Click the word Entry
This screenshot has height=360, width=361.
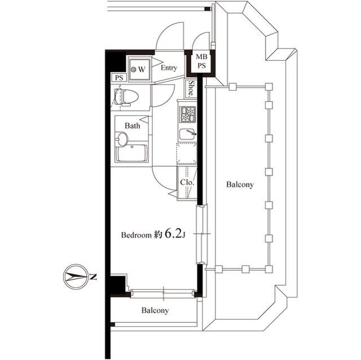coord(169,68)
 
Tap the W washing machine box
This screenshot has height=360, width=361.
coord(139,69)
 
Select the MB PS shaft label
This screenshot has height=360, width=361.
coord(201,61)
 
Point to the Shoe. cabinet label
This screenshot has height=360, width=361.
coord(192,88)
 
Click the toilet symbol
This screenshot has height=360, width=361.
coord(125,97)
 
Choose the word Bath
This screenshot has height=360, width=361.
coord(133,126)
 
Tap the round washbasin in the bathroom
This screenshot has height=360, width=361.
coord(122,139)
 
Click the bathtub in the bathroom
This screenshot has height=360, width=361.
coord(132,153)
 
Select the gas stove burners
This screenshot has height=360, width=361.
coord(187,115)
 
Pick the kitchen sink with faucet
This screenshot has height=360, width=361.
coord(187,134)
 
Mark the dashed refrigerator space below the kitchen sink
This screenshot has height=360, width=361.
coord(187,153)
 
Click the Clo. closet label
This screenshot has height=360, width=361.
coord(187,183)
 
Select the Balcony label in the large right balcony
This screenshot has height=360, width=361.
coord(240,184)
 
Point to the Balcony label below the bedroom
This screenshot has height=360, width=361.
coord(155,310)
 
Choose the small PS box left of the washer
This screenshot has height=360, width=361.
coord(118,78)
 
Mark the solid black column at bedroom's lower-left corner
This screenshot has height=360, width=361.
coord(117,285)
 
